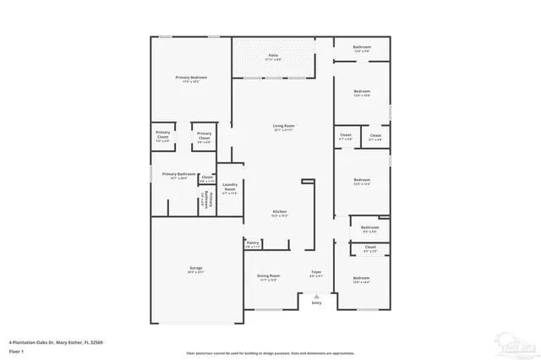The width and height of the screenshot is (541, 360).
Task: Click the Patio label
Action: click(x=271, y=56)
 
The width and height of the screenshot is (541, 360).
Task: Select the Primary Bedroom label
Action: click(x=191, y=78)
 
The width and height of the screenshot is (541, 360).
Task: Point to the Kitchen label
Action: click(x=279, y=212)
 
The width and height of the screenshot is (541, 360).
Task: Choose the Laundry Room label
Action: click(x=229, y=188)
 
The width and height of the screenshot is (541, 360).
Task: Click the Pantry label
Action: click(x=253, y=243)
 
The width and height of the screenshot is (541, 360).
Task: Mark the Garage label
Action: click(x=195, y=270)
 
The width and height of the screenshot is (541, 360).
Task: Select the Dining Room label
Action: click(x=268, y=276)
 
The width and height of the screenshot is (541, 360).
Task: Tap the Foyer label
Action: click(x=316, y=272)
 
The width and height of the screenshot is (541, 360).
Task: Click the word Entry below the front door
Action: click(x=316, y=303)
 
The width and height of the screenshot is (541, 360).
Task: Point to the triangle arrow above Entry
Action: click(x=316, y=296)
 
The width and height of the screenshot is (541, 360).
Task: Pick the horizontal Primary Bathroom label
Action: click(x=178, y=175)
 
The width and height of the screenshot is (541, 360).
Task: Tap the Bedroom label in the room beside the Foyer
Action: click(x=361, y=278)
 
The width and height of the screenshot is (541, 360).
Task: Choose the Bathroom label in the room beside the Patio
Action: click(x=362, y=48)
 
